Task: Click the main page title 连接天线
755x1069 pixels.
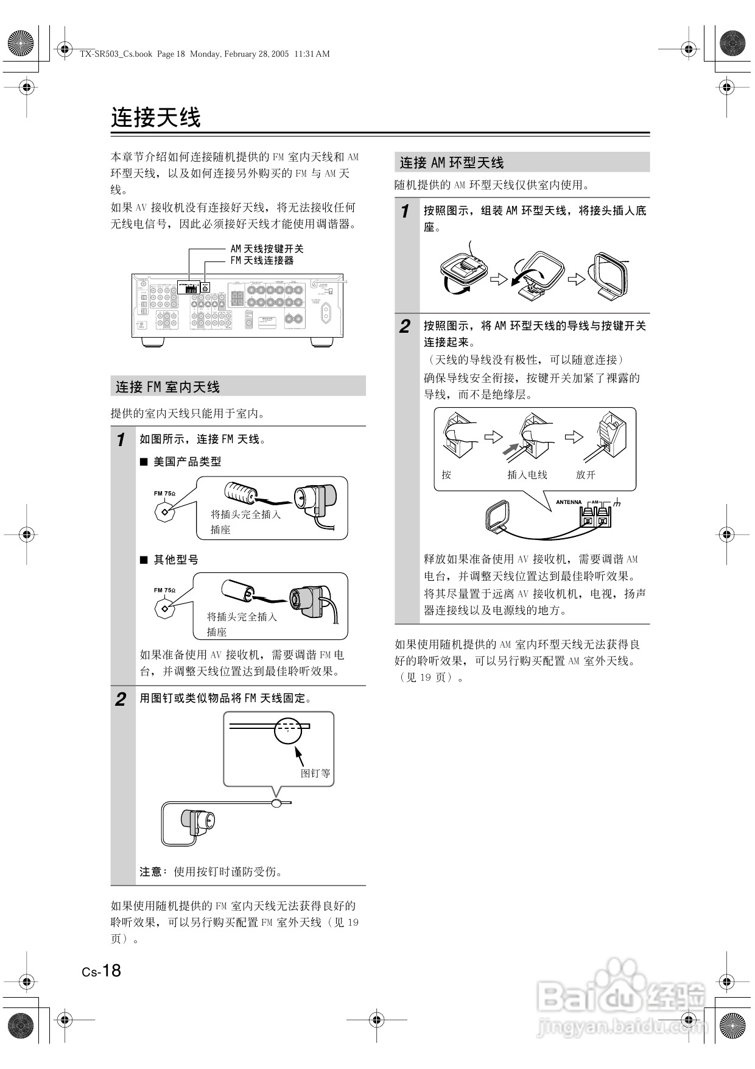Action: pyautogui.click(x=156, y=118)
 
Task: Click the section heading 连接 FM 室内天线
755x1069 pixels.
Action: pyautogui.click(x=168, y=387)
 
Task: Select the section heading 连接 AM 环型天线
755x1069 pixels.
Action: pyautogui.click(x=452, y=163)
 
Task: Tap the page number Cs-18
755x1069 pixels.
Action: pyautogui.click(x=102, y=970)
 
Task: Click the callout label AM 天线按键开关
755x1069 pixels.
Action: pyautogui.click(x=267, y=249)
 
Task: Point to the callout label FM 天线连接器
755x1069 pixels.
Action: pyautogui.click(x=262, y=260)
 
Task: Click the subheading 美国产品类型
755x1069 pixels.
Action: pyautogui.click(x=187, y=462)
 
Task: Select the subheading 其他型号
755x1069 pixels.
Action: pyautogui.click(x=176, y=559)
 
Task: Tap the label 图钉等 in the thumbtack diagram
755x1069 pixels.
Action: pyautogui.click(x=315, y=773)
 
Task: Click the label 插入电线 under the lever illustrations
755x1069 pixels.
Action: pyautogui.click(x=527, y=475)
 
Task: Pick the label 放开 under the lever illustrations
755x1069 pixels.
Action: pyautogui.click(x=586, y=475)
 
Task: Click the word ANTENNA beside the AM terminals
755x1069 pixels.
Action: pyautogui.click(x=569, y=502)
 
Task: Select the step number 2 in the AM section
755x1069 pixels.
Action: pyautogui.click(x=405, y=327)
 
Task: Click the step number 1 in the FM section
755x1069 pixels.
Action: pyautogui.click(x=121, y=439)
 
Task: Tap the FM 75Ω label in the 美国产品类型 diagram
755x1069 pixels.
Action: pyautogui.click(x=164, y=494)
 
